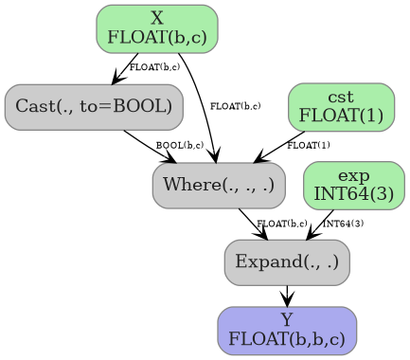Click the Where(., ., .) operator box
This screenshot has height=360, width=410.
tap(218, 184)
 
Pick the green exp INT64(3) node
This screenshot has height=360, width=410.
tap(353, 184)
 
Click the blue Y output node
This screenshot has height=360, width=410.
tap(287, 330)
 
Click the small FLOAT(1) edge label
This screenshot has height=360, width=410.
tap(309, 145)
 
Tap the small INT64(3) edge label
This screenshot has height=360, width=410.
tap(343, 224)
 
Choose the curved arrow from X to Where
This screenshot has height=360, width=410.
tap(205, 104)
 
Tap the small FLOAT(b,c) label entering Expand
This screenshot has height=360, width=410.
tap(283, 224)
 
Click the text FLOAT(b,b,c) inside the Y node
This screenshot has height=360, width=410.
tap(287, 337)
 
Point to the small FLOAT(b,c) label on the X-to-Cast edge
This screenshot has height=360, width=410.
tap(154, 67)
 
